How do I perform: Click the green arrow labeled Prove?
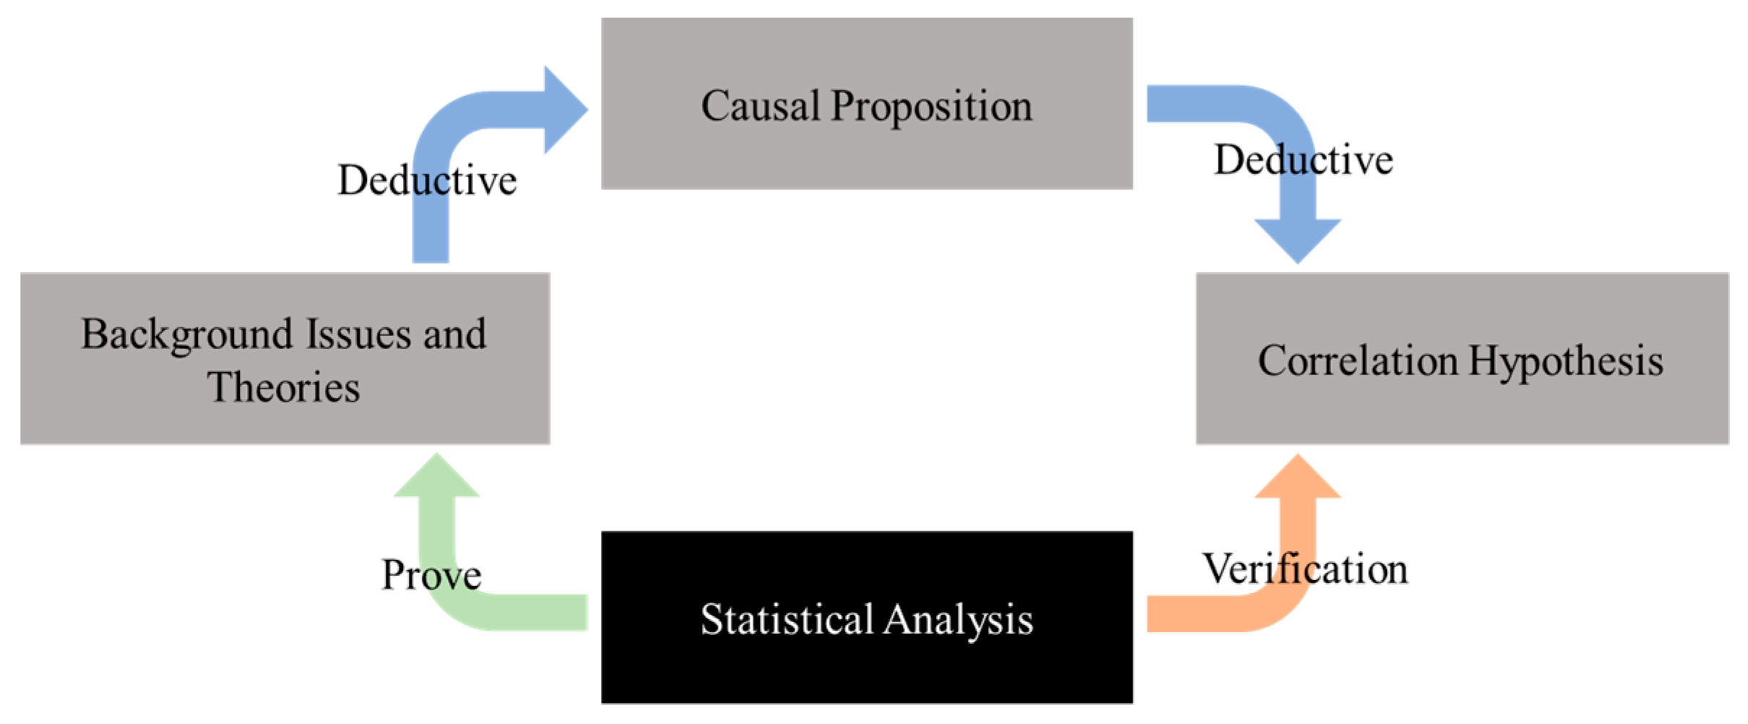click(x=506, y=613)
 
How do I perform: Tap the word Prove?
click(x=431, y=576)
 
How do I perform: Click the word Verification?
click(x=1304, y=569)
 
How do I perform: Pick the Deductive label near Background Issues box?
click(x=427, y=180)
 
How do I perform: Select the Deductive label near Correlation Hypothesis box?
click(x=1303, y=160)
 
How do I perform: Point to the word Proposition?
click(x=931, y=108)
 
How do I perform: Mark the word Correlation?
click(x=1357, y=361)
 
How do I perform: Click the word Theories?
click(x=284, y=387)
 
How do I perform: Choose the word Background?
click(x=186, y=335)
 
